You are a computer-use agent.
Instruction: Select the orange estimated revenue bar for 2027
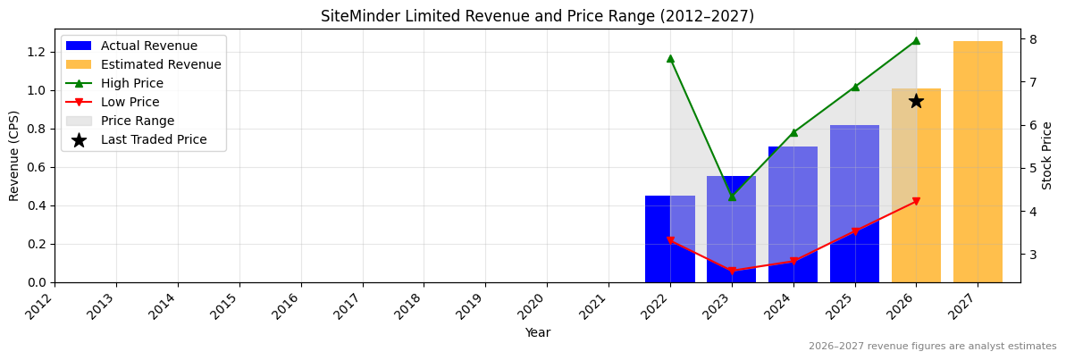(978, 162)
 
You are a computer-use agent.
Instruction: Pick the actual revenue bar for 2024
(793, 214)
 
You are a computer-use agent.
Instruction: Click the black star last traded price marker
(916, 101)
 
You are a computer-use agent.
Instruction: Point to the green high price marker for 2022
(670, 58)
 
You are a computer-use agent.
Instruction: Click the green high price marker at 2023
(732, 196)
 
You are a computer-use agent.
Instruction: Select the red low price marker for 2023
(732, 271)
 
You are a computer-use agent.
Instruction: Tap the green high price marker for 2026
(916, 40)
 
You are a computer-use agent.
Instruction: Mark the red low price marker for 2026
(916, 202)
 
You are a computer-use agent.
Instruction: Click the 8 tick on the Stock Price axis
(1032, 39)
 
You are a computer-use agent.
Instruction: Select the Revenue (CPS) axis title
(14, 155)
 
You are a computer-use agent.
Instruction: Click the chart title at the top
(537, 16)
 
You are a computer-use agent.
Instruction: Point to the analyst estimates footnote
(932, 347)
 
